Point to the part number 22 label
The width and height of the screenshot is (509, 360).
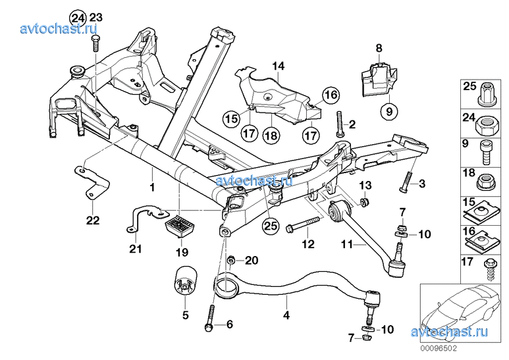[93, 220]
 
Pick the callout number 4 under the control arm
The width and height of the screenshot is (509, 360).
[286, 315]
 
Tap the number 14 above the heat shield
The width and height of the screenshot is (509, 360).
[279, 66]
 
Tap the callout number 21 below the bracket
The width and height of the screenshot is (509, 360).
[136, 249]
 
